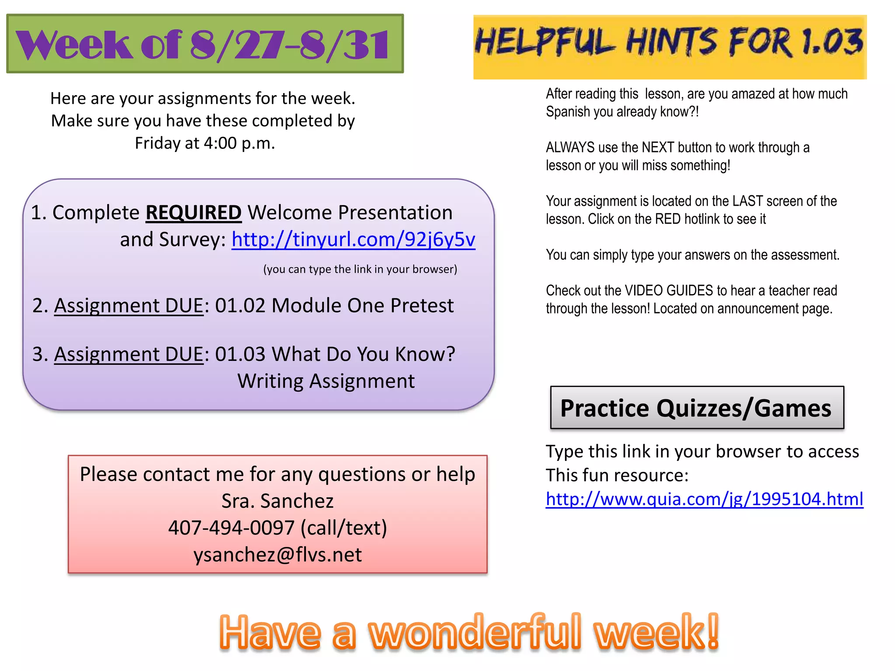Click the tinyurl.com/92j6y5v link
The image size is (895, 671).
coord(353,239)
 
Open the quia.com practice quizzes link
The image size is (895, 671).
coord(704,499)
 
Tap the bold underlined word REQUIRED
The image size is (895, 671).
coord(193,213)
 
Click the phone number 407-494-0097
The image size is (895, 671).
coord(231,528)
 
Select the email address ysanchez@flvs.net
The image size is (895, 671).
coord(278,555)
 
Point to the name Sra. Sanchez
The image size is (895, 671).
coord(278,501)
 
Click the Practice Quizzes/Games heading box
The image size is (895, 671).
coord(697,408)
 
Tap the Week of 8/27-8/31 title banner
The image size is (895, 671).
coord(205,44)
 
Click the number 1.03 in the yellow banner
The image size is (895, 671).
coord(833,43)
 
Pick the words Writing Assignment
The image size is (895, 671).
coord(326,381)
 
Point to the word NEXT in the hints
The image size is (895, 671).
coord(657,148)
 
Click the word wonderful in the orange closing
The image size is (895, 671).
coord(475,632)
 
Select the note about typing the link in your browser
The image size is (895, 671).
coord(360,269)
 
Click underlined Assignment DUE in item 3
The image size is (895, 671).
coord(129,354)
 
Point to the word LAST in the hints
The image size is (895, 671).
coord(748,201)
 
